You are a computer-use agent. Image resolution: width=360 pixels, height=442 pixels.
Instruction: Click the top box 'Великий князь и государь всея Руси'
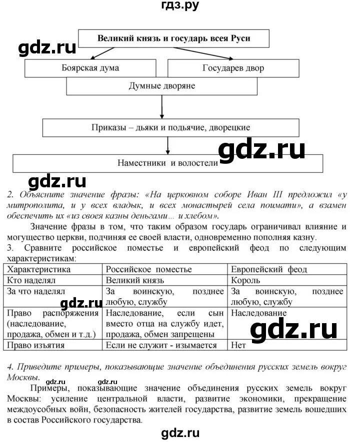pyautogui.click(x=173, y=38)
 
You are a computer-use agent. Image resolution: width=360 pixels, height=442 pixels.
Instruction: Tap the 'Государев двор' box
pyautogui.click(x=233, y=68)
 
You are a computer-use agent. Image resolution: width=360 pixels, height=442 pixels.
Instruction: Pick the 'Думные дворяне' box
pyautogui.click(x=162, y=86)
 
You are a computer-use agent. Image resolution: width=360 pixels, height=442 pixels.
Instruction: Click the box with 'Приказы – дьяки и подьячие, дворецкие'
pyautogui.click(x=171, y=127)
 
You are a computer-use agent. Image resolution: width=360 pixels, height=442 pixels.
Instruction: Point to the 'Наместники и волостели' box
pyautogui.click(x=167, y=163)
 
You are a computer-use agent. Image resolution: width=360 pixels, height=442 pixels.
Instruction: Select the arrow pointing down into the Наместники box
pyautogui.click(x=167, y=145)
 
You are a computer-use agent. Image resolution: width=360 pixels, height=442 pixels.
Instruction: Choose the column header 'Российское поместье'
pyautogui.click(x=148, y=270)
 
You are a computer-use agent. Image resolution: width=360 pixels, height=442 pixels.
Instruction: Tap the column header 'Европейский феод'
pyautogui.click(x=269, y=270)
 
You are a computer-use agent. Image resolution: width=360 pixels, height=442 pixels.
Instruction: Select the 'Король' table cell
pyautogui.click(x=245, y=280)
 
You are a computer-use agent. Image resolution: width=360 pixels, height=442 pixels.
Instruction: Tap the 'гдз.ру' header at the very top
pyautogui.click(x=179, y=6)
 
